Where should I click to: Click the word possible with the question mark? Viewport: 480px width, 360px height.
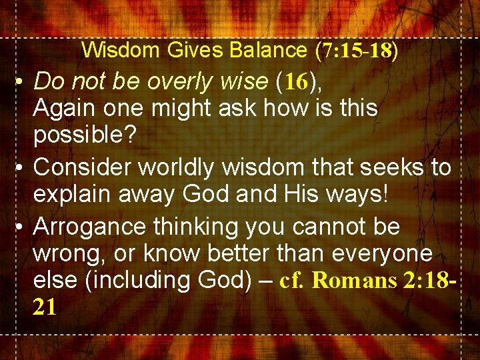pyautogui.click(x=85, y=135)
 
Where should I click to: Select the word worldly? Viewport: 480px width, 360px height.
pyautogui.click(x=176, y=168)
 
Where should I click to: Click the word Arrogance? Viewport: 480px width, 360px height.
pyautogui.click(x=90, y=227)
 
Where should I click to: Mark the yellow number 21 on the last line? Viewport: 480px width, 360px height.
pyautogui.click(x=45, y=307)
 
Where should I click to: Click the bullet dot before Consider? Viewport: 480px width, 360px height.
pyautogui.click(x=21, y=168)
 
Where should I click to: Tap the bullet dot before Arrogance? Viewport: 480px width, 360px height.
pyautogui.click(x=21, y=227)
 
